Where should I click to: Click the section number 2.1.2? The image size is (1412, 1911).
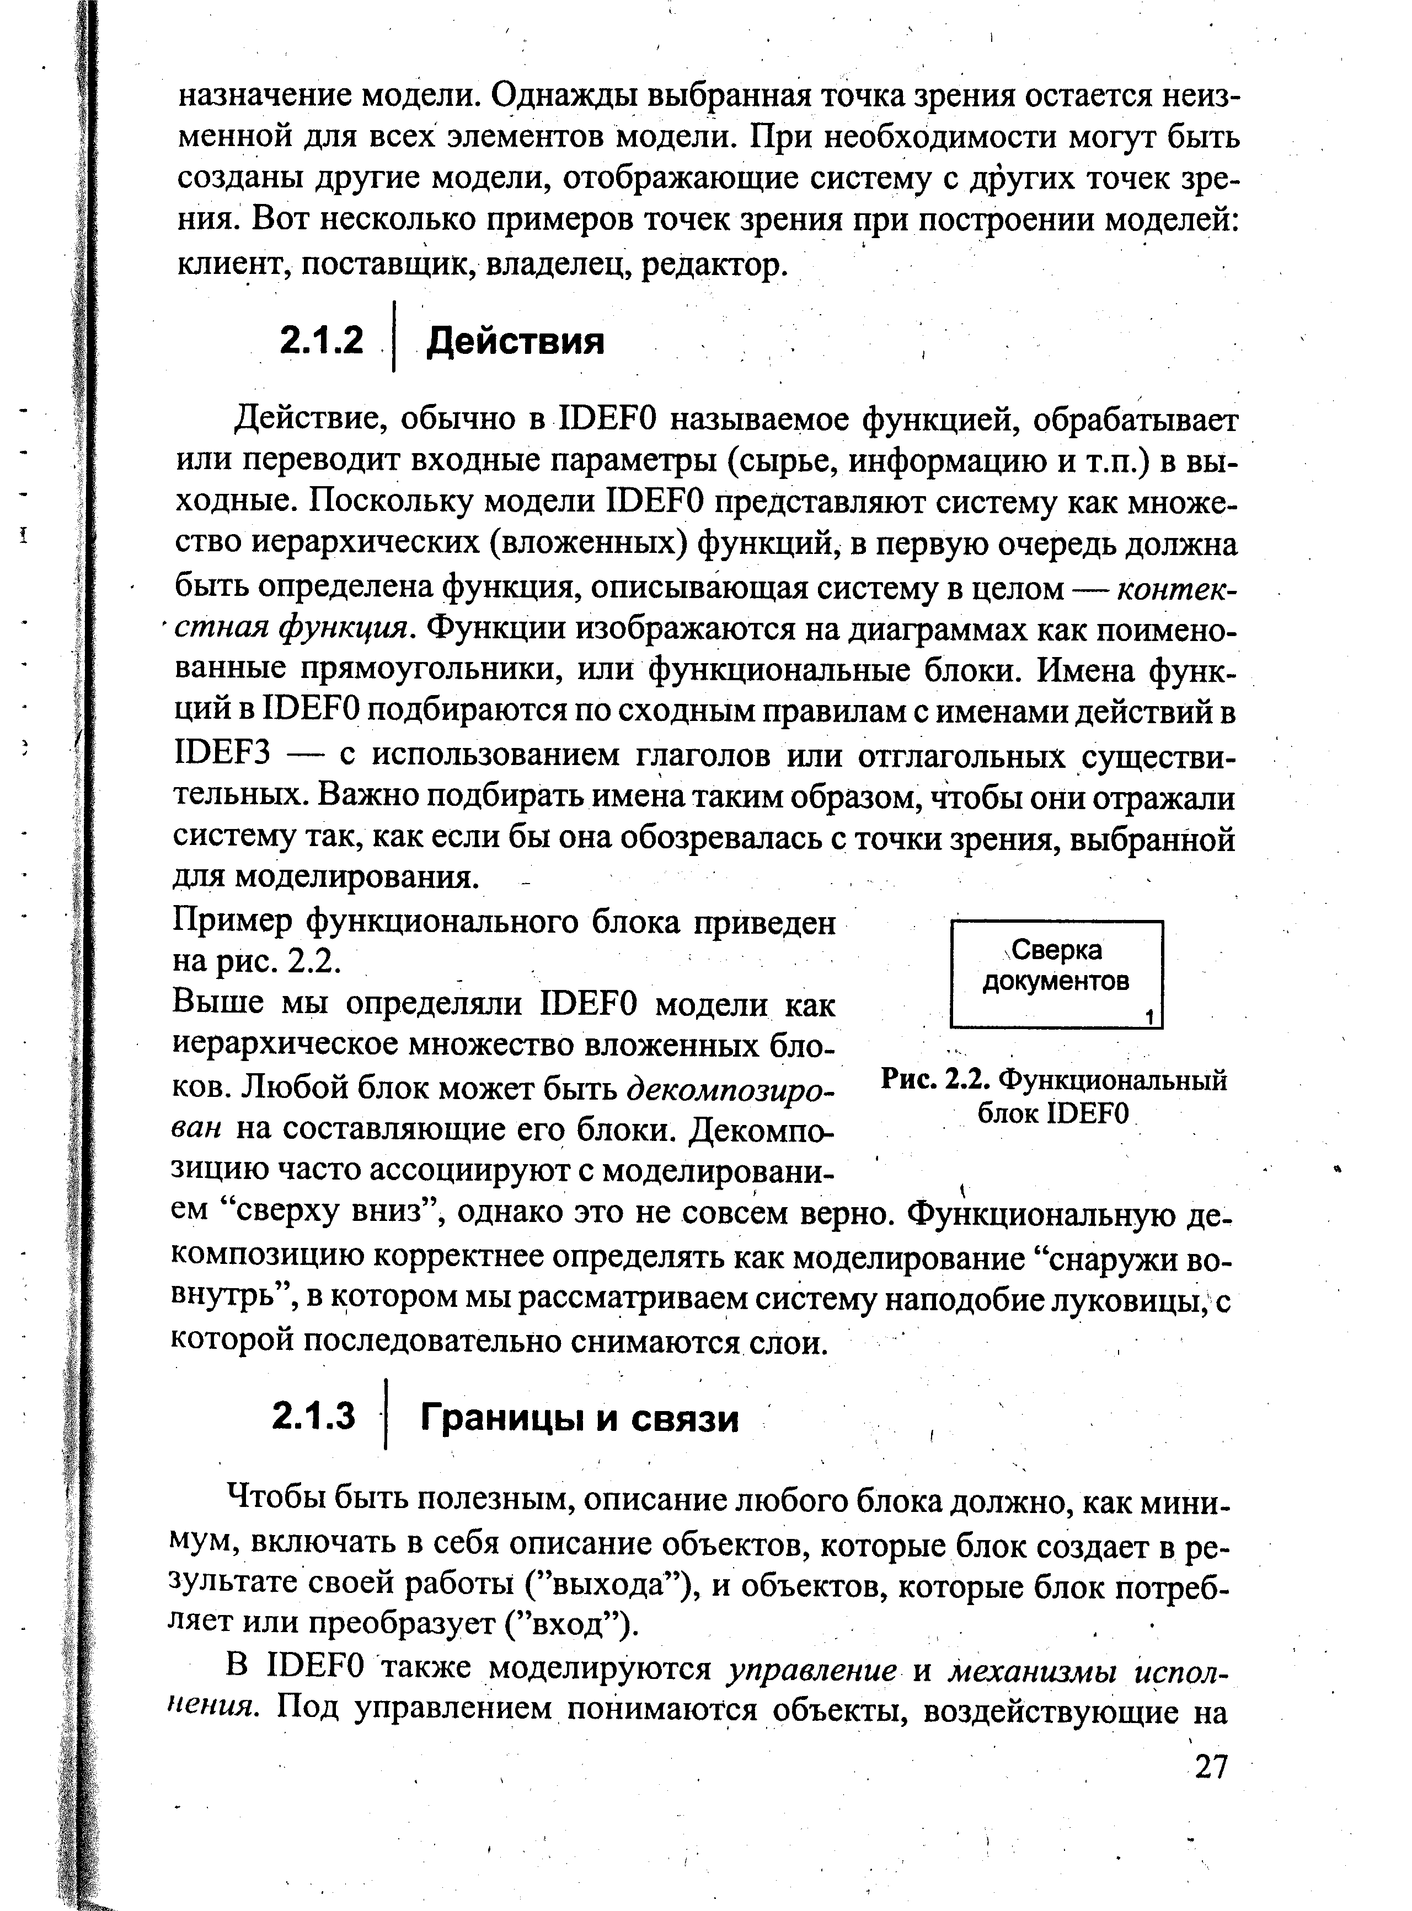(x=322, y=342)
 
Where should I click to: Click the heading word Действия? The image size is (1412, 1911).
(x=515, y=342)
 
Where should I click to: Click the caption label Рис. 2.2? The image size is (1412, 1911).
(x=935, y=1081)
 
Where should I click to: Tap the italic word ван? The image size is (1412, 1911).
(x=197, y=1129)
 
